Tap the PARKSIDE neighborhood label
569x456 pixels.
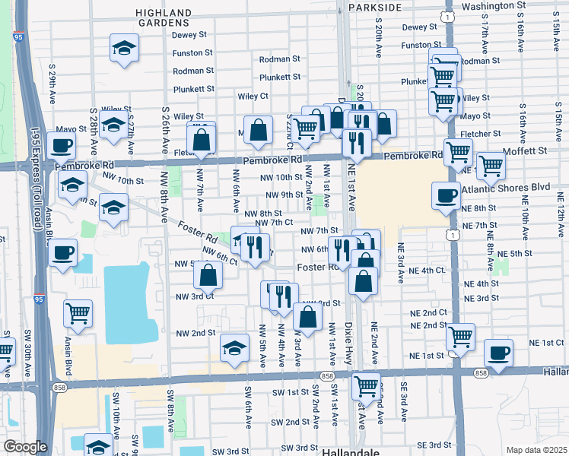click(374, 7)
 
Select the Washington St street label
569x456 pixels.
click(494, 5)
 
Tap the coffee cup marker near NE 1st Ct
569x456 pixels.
click(498, 353)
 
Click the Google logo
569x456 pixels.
click(25, 447)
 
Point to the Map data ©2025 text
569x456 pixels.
click(536, 450)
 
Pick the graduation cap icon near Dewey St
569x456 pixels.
click(124, 48)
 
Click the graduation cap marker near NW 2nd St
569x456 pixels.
click(235, 349)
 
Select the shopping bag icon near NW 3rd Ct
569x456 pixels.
click(206, 277)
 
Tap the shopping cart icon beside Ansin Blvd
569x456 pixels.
click(78, 312)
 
